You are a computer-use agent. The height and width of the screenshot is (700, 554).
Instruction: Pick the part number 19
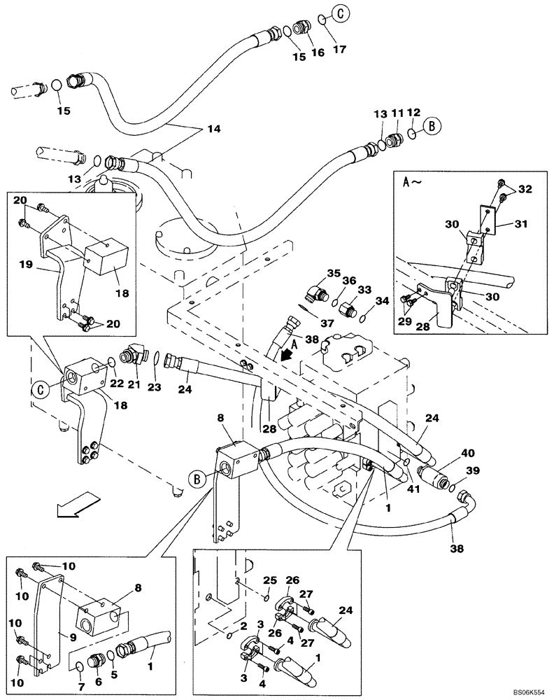click(25, 265)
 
